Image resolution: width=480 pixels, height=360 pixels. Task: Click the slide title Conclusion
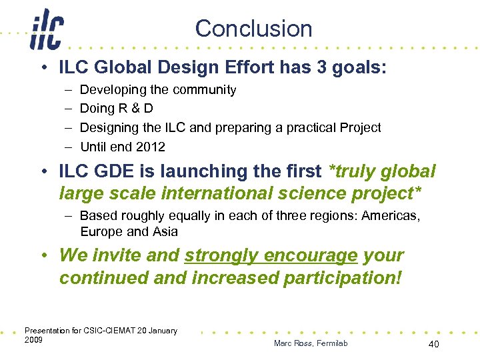point(253,29)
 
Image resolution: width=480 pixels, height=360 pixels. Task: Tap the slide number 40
point(433,343)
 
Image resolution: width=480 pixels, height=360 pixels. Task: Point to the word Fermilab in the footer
point(331,343)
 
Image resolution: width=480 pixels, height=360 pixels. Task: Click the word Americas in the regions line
point(391,215)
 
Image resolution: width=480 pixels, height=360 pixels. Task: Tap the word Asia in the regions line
point(165,231)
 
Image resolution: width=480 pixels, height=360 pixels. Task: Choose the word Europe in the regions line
point(101,231)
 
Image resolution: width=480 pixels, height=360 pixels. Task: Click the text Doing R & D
point(116,109)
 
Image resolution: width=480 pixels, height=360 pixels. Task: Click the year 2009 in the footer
point(33,340)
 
